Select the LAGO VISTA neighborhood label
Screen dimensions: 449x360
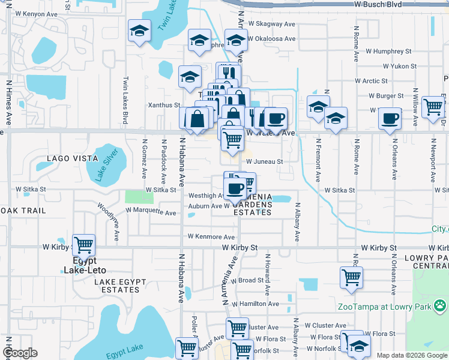[73, 158]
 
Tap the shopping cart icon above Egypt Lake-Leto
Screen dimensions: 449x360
[83, 244]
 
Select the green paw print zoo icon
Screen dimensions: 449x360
[441, 307]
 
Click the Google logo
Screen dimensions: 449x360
[19, 353]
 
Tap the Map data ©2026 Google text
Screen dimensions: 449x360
[412, 355]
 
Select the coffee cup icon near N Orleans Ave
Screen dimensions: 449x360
[390, 118]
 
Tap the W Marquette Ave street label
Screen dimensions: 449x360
[151, 212]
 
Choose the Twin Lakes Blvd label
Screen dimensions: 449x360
[125, 100]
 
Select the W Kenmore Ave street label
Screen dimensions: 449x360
[211, 237]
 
